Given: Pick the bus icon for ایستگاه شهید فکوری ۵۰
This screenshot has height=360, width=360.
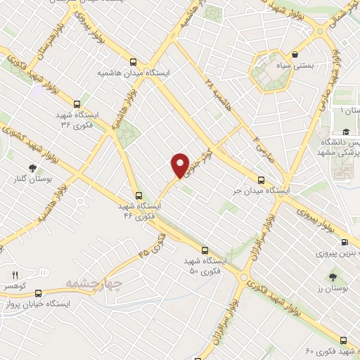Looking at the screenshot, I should [x=205, y=250].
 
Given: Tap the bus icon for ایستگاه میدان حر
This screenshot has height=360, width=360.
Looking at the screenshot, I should [x=262, y=179].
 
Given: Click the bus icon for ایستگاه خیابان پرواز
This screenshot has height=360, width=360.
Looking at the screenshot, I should [x=38, y=292].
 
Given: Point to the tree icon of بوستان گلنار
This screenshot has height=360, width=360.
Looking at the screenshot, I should [x=32, y=167].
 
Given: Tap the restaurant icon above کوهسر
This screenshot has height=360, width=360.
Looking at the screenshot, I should [x=15, y=275].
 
